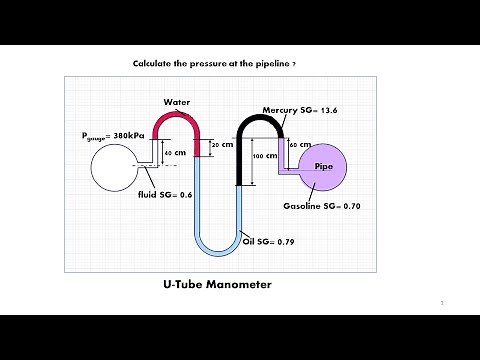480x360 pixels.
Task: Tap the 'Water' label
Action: click(177, 102)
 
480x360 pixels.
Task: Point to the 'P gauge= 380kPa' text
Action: click(114, 135)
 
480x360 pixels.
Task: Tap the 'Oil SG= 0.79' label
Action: click(268, 241)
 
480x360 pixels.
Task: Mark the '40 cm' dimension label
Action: click(174, 152)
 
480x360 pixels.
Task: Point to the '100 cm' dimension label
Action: click(264, 156)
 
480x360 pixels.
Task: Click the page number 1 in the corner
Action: click(441, 300)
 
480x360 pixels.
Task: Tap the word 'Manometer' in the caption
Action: click(236, 285)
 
